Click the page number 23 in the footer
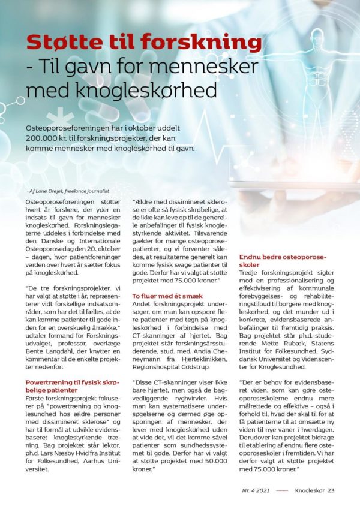(331, 490)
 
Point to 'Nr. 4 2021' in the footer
(253, 490)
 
